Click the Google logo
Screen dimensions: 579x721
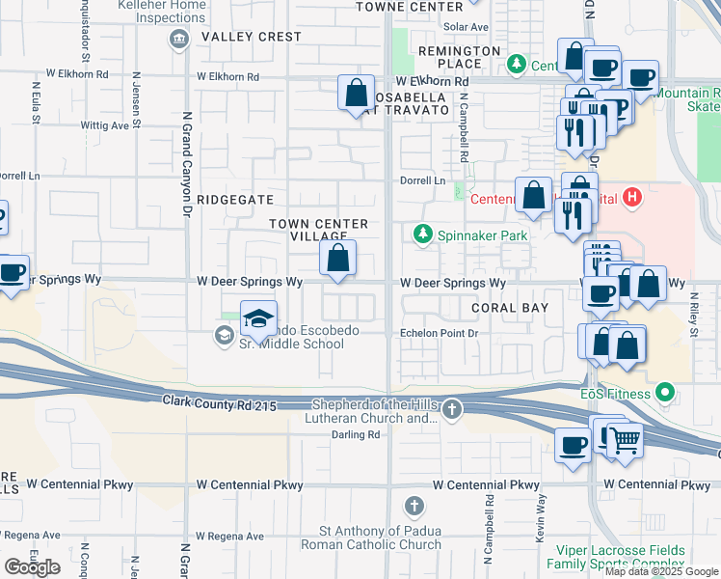[32, 567]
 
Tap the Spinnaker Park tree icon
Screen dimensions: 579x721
[422, 234]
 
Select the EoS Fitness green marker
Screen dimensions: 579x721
[663, 393]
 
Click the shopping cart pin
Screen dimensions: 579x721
[626, 441]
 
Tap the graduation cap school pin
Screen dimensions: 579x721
[259, 317]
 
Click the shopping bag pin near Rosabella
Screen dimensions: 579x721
[356, 94]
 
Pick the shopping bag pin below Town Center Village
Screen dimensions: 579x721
[338, 258]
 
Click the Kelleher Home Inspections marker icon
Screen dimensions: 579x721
[178, 39]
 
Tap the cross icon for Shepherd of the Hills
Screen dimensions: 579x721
[451, 409]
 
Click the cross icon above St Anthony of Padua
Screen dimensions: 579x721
[414, 506]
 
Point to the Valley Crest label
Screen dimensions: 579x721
[251, 37]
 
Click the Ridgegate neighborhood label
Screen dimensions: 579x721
[235, 199]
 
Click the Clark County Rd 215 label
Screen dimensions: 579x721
[220, 400]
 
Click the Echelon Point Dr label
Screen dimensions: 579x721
[440, 334]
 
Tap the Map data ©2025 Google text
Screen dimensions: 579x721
[660, 571]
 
